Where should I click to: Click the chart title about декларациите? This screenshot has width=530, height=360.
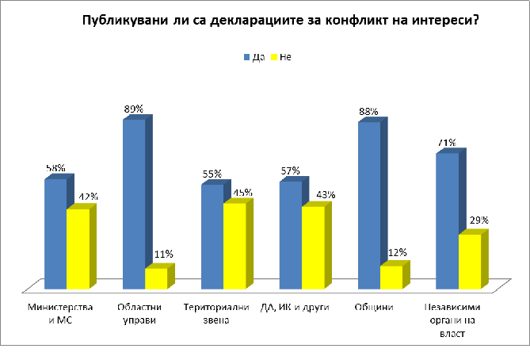pos(280,21)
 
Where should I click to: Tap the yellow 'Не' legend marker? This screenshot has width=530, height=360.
pos(273,57)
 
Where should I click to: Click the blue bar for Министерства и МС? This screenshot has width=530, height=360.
pos(55,234)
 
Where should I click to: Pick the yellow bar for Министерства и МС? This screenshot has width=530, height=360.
pos(77,248)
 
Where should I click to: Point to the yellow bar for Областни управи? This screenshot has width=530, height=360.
pos(155,278)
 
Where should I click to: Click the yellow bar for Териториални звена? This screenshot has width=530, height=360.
pos(234,246)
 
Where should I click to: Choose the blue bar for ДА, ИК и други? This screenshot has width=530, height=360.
pos(290,235)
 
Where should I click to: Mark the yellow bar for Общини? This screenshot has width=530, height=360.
pos(391,277)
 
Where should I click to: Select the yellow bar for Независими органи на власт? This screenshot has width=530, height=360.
pos(469,261)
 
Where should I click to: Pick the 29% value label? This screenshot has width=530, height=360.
pos(479,220)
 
